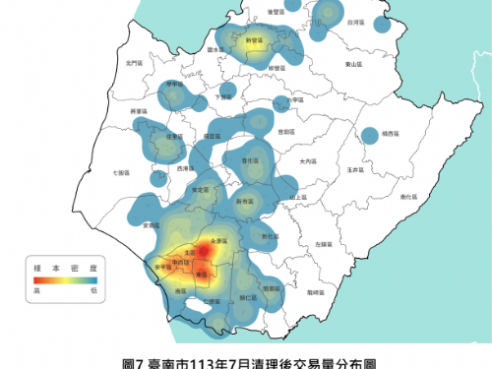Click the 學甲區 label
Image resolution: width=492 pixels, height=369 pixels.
pyautogui.click(x=174, y=84)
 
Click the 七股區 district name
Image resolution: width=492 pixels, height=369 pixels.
pyautogui.click(x=121, y=172)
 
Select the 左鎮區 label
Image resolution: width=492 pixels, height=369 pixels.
pyautogui.click(x=321, y=243)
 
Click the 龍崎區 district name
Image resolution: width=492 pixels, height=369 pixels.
pyautogui.click(x=315, y=291)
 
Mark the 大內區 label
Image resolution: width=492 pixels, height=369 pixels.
pyautogui.click(x=308, y=160)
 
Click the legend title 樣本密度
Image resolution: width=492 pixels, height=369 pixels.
pyautogui.click(x=61, y=265)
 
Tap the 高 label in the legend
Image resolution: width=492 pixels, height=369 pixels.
pyautogui.click(x=36, y=290)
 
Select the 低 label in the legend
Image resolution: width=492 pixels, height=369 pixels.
pyautogui.click(x=92, y=290)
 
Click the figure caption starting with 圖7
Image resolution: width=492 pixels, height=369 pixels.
pyautogui.click(x=246, y=361)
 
